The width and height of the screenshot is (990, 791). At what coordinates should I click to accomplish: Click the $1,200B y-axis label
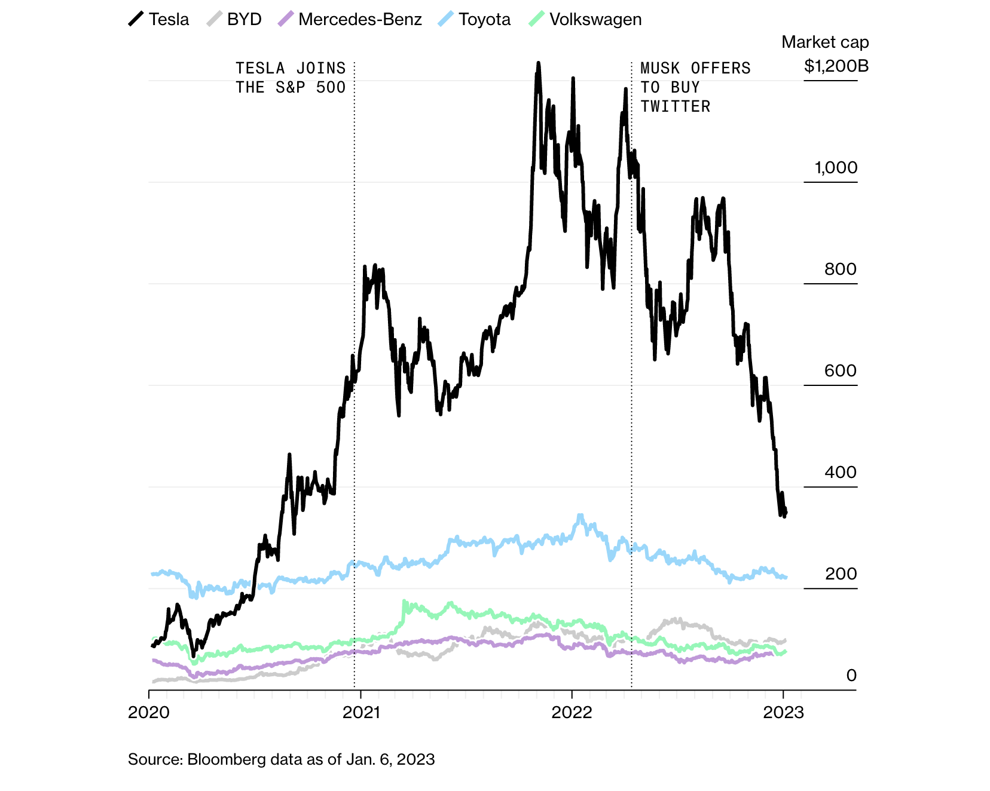click(836, 66)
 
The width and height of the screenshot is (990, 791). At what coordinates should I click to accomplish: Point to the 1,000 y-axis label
click(836, 168)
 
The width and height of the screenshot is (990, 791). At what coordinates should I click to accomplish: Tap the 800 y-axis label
click(840, 269)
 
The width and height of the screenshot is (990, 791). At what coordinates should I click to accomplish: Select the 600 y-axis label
click(840, 371)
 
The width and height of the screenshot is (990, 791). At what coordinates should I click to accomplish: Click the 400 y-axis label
click(840, 473)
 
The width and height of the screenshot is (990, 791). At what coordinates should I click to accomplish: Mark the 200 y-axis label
click(841, 574)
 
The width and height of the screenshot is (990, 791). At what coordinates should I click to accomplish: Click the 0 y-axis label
click(851, 676)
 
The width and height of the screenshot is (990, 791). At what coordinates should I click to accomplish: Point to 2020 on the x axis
click(149, 712)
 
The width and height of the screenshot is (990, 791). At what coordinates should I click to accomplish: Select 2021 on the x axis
click(361, 712)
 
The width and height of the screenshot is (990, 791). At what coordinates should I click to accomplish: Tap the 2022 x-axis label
click(572, 712)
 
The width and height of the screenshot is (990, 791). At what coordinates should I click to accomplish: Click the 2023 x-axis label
click(784, 712)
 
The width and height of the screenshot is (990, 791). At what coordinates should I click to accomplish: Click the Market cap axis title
click(825, 42)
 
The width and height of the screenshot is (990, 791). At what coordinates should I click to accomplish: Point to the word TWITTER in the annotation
click(676, 107)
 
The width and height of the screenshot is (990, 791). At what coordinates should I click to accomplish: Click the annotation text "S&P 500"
click(310, 88)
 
